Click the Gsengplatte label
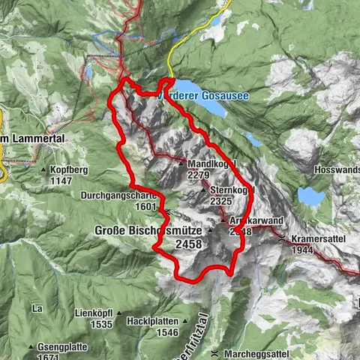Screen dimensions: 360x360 (x=65, y=347)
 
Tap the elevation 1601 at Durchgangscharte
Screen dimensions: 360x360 (x=146, y=207)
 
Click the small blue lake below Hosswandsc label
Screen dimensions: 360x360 (x=310, y=196)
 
